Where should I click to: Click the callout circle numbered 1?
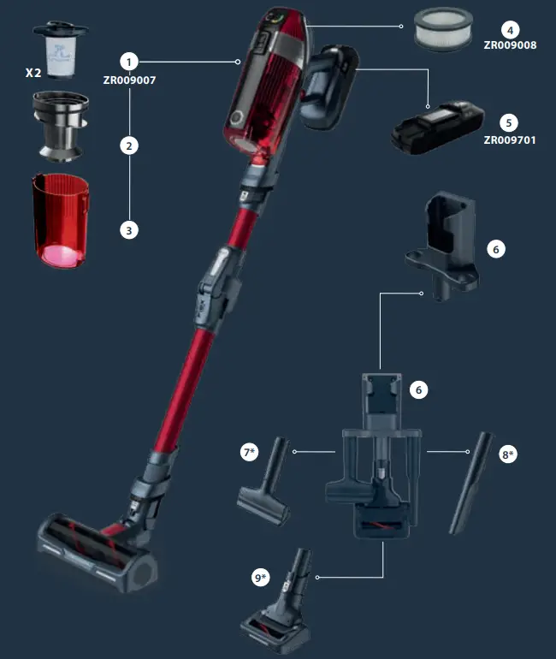[x=129, y=62]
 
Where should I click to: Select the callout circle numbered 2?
[x=129, y=145]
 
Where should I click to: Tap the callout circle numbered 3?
[x=129, y=229]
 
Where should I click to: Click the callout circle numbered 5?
[x=510, y=122]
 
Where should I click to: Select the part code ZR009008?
[x=510, y=44]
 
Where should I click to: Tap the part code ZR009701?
[x=510, y=140]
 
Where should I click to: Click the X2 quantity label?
[x=35, y=73]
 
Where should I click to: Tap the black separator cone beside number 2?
[x=58, y=126]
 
